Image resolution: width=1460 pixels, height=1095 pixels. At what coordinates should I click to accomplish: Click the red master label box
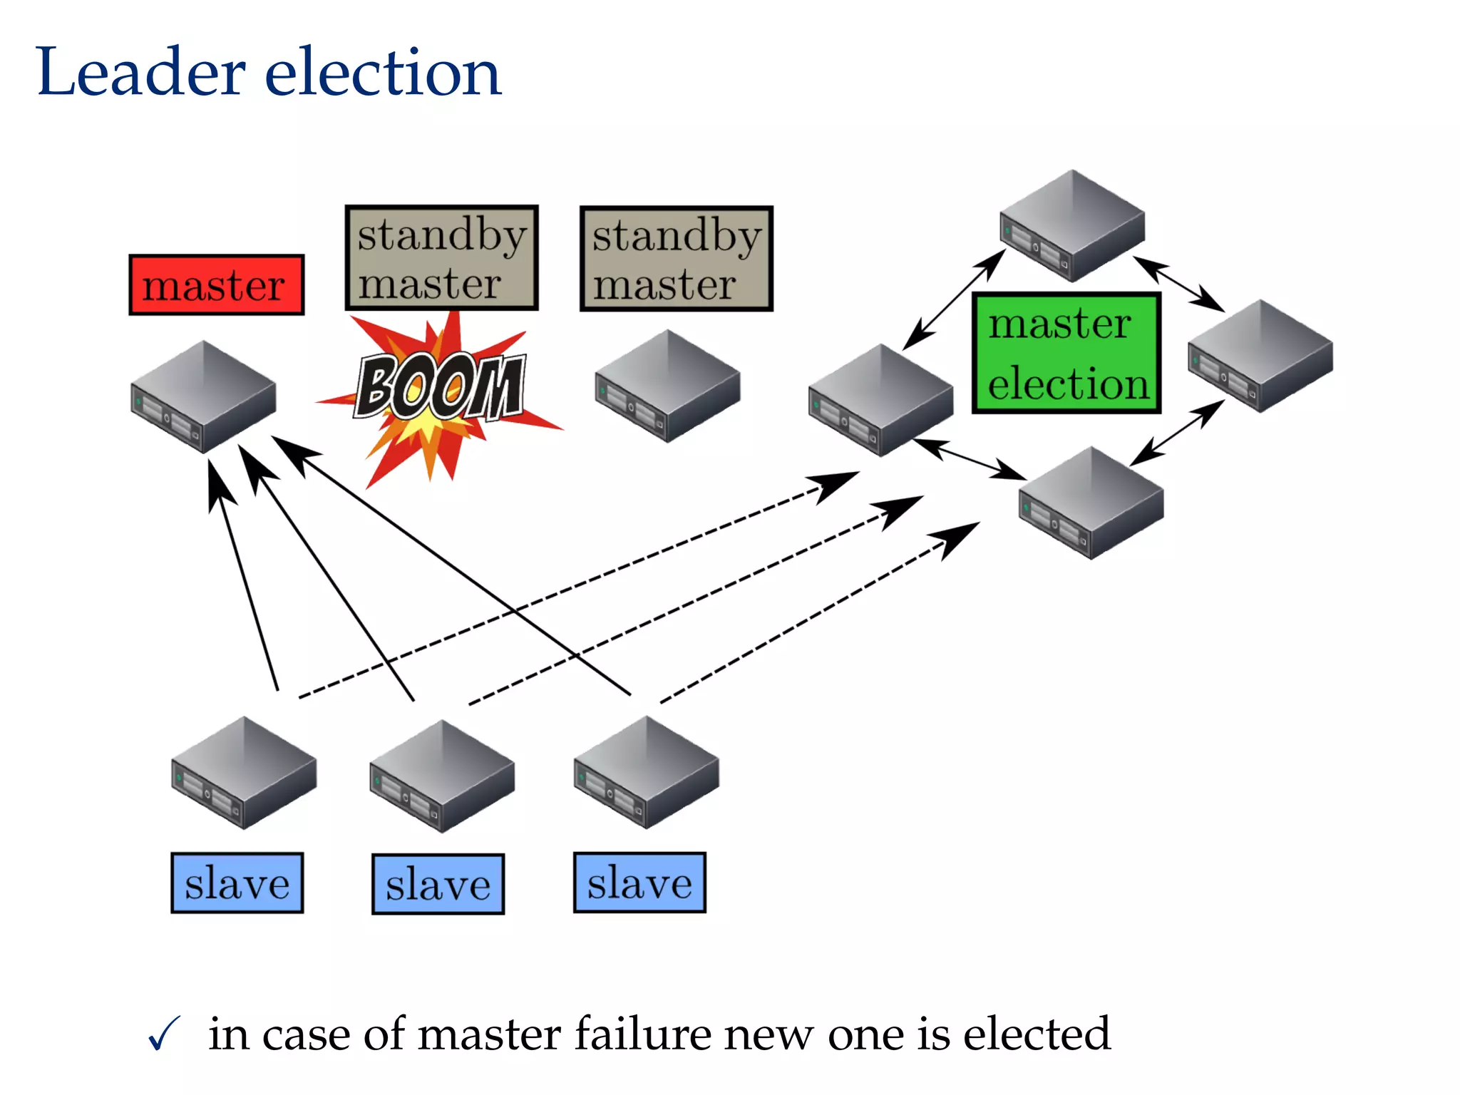[217, 285]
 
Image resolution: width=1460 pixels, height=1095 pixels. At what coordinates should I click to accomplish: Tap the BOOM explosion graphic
[440, 389]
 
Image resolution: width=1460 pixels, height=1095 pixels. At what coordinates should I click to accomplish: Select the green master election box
[1066, 354]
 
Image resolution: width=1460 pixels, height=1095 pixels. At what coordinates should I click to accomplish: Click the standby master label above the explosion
[441, 258]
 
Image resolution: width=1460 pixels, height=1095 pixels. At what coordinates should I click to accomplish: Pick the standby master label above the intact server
[677, 259]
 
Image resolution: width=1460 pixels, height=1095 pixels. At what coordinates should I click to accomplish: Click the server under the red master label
[203, 397]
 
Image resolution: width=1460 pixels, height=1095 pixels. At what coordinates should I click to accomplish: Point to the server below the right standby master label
[667, 386]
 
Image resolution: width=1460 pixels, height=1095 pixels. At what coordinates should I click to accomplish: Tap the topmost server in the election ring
[1072, 226]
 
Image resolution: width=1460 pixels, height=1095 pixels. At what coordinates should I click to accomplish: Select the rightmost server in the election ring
[1260, 356]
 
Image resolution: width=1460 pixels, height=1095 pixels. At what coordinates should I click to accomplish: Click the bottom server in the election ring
[1091, 503]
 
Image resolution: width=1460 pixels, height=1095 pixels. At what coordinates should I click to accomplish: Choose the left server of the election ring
[880, 400]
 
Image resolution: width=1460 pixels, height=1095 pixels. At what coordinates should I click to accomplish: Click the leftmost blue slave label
[237, 883]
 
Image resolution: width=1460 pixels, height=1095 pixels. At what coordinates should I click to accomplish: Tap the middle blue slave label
[438, 884]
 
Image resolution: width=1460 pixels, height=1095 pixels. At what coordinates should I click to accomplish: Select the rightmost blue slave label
[639, 883]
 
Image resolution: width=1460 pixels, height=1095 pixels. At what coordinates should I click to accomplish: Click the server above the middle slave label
[442, 776]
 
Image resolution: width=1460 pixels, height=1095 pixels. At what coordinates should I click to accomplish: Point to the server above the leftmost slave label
[244, 773]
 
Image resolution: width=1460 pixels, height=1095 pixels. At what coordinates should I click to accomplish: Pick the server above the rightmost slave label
[646, 772]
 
